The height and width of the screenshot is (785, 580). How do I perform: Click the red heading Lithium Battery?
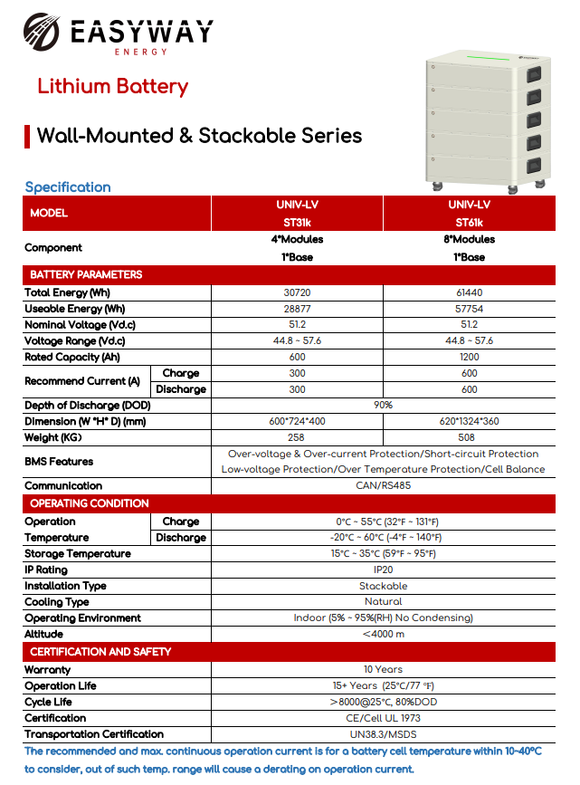click(112, 87)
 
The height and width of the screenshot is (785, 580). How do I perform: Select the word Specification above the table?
click(68, 187)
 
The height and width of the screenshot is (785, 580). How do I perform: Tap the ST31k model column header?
click(297, 214)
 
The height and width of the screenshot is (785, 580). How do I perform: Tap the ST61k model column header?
click(469, 214)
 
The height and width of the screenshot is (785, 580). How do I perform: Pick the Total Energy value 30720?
click(297, 292)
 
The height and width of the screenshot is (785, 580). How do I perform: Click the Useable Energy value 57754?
click(469, 309)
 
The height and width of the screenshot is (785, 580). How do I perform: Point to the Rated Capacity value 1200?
click(469, 357)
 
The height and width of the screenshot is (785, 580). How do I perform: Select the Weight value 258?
click(297, 438)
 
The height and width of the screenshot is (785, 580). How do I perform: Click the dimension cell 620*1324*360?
click(469, 422)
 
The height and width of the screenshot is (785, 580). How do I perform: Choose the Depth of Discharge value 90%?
click(383, 406)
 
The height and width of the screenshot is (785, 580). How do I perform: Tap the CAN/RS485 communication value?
click(383, 486)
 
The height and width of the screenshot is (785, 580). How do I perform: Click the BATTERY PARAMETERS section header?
click(86, 274)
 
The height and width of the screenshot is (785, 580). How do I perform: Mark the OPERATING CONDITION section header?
click(90, 503)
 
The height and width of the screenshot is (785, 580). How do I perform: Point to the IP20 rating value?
click(383, 570)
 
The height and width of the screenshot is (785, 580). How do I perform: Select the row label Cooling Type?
click(57, 602)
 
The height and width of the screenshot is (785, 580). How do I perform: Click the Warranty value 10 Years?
click(383, 670)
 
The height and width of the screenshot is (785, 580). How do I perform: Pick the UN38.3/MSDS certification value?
click(383, 734)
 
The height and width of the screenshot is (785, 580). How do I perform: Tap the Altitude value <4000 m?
click(383, 635)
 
